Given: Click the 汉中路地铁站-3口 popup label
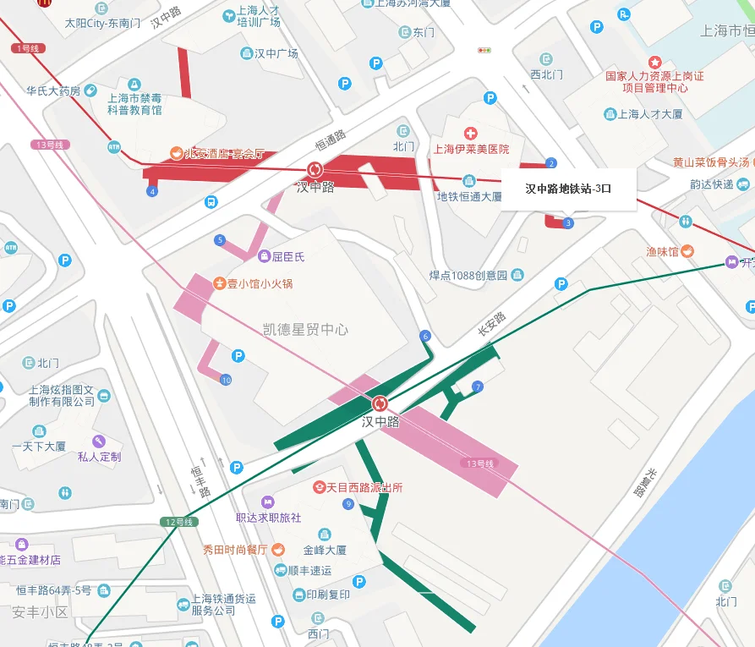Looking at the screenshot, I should (567, 189).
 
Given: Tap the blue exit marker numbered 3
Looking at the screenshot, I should (568, 223).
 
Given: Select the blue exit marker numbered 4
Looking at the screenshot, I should (152, 192).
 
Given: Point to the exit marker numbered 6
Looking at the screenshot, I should (425, 337).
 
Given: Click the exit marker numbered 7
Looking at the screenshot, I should (478, 387).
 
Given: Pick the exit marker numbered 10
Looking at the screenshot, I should (226, 381).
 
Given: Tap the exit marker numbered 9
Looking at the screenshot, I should (348, 505).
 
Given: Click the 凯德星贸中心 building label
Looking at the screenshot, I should (305, 329).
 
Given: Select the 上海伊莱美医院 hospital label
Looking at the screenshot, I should (471, 149).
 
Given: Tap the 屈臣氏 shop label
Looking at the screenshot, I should (287, 255).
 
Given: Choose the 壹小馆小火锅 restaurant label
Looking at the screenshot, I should (259, 283).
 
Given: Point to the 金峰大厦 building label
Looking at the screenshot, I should (324, 550).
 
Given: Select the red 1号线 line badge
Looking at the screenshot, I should (28, 48).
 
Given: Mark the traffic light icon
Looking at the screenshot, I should (484, 51).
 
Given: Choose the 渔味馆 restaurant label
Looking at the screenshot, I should (662, 251).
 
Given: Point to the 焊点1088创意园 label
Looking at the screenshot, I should (468, 275).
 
